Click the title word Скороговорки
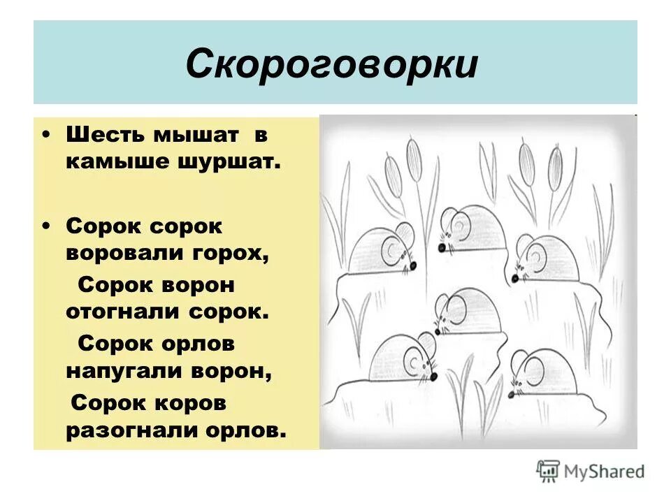[x=332, y=64]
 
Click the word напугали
[x=122, y=371]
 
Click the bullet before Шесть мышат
[x=46, y=133]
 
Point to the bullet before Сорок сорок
[x=46, y=226]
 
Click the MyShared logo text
[x=605, y=472]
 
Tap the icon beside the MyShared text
[x=548, y=471]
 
